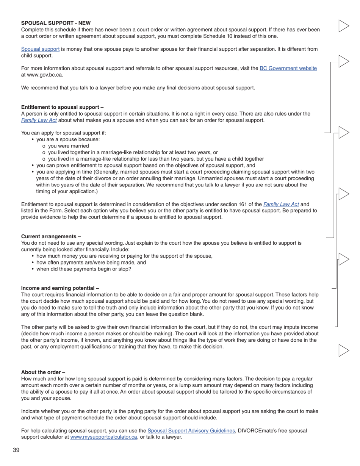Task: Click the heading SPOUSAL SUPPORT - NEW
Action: tap(56, 23)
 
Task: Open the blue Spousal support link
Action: tap(40, 49)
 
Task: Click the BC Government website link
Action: tap(288, 69)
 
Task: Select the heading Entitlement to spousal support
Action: tap(62, 107)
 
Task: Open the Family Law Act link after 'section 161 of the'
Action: tap(281, 204)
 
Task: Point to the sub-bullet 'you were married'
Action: tap(68, 146)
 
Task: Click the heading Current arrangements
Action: tap(51, 236)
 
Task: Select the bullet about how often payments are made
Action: tap(91, 263)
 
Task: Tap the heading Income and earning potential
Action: tap(60, 288)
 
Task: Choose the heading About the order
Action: tap(43, 372)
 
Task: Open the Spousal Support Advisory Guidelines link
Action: tap(191, 431)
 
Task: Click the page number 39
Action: tap(16, 450)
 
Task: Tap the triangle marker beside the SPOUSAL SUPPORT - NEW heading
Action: tap(343, 26)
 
